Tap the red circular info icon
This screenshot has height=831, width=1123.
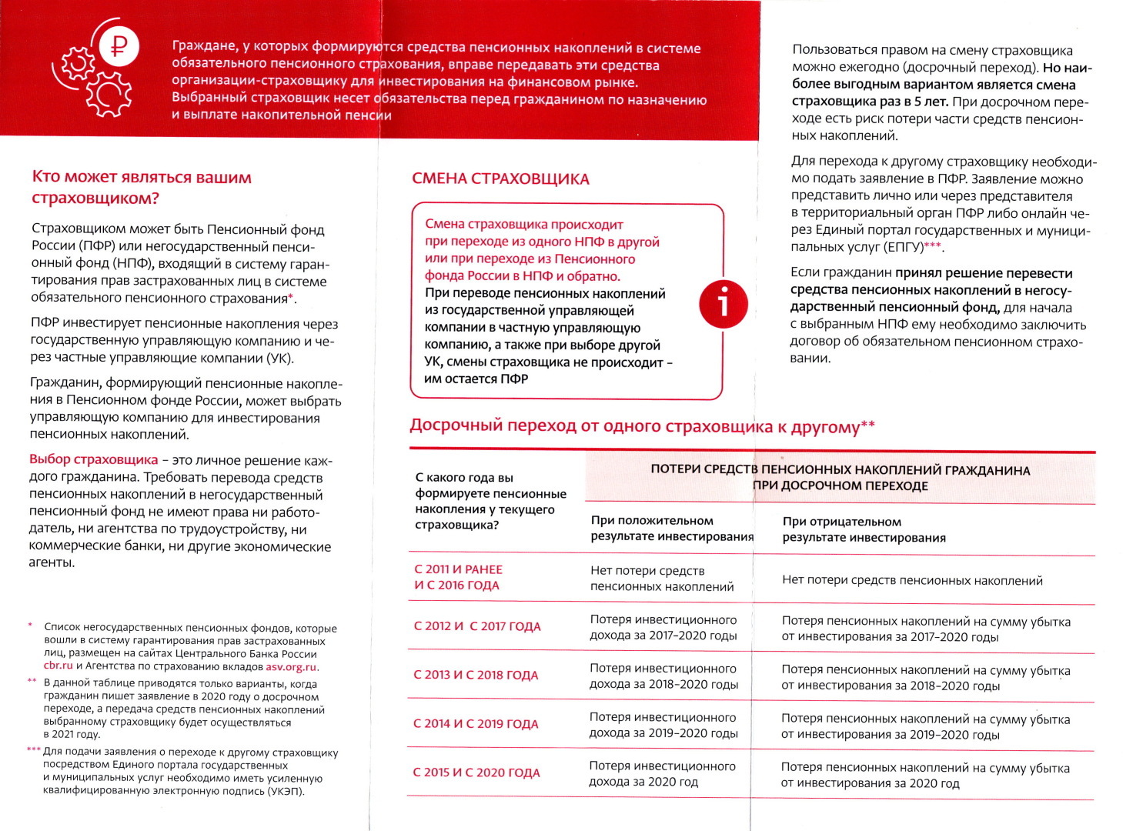723,303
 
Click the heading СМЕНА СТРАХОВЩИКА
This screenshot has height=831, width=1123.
500,179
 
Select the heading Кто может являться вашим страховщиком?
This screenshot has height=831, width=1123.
142,188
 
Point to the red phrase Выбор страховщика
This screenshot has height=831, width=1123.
93,460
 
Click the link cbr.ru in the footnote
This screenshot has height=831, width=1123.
58,666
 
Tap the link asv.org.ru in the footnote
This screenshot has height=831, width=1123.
291,666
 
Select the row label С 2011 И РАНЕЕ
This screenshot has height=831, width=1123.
458,570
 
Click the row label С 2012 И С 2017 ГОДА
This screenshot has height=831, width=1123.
477,626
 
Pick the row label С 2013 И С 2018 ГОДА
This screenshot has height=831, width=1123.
476,675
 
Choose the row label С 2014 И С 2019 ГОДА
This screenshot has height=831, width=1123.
476,724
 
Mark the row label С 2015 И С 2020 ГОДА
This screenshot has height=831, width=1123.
476,773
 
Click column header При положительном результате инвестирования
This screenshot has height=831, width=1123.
671,529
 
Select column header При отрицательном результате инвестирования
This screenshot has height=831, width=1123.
864,529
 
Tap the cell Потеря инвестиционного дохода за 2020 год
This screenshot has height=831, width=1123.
662,774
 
